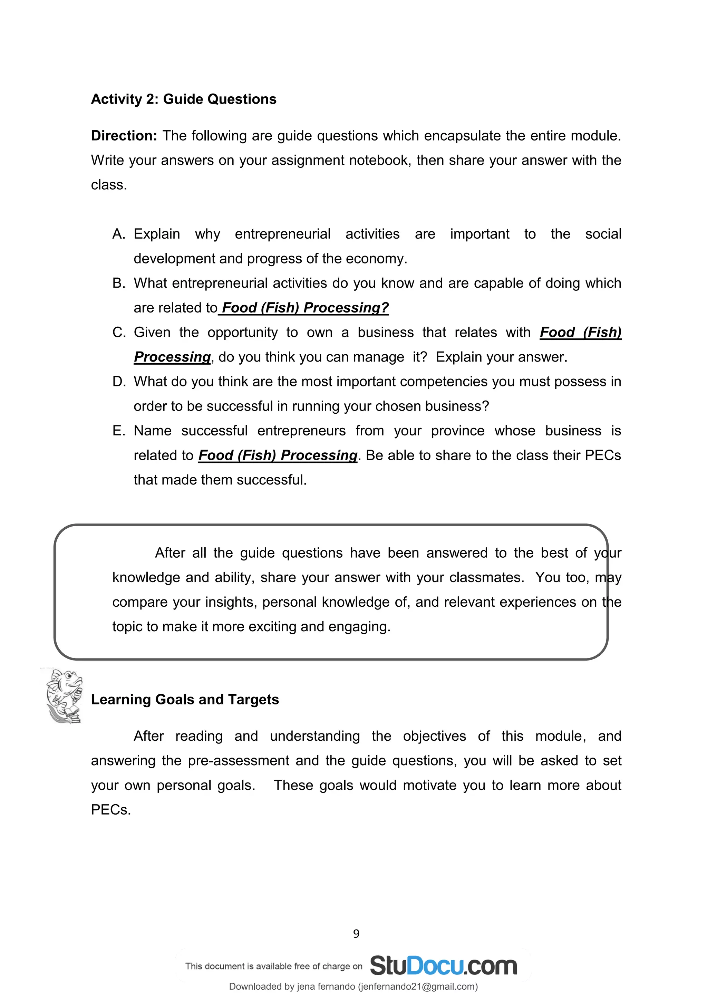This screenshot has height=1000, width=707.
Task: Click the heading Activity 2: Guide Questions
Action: [183, 99]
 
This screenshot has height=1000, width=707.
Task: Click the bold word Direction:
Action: [124, 136]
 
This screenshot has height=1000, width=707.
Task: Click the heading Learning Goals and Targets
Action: [185, 700]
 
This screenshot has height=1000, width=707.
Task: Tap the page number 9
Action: [356, 934]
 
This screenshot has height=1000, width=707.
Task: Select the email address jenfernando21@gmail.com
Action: [417, 987]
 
